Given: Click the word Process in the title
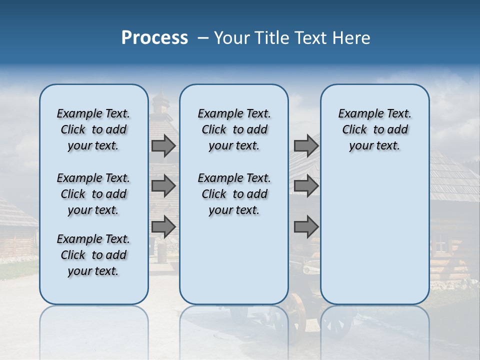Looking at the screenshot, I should point(154,37).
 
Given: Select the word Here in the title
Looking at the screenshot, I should point(352,38).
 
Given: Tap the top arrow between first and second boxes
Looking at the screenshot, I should point(163,145).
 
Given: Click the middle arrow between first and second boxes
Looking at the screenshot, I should point(163,186).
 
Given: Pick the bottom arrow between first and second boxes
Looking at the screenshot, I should point(163,226).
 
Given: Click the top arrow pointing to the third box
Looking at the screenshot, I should point(306,145).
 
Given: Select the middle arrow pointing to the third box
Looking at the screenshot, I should point(306,186).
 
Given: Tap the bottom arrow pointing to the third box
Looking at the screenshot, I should point(306,226).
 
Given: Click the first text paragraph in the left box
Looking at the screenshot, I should point(93,129).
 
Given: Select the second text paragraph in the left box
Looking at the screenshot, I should point(93,194).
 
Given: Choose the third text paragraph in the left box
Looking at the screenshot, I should point(93,255).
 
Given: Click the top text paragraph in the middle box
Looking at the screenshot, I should point(234,129).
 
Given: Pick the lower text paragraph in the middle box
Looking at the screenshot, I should point(234,194).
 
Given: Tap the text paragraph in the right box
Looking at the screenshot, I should point(374,129).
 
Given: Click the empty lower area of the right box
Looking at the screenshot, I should point(374,235).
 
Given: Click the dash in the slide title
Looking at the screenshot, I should point(203,38).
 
